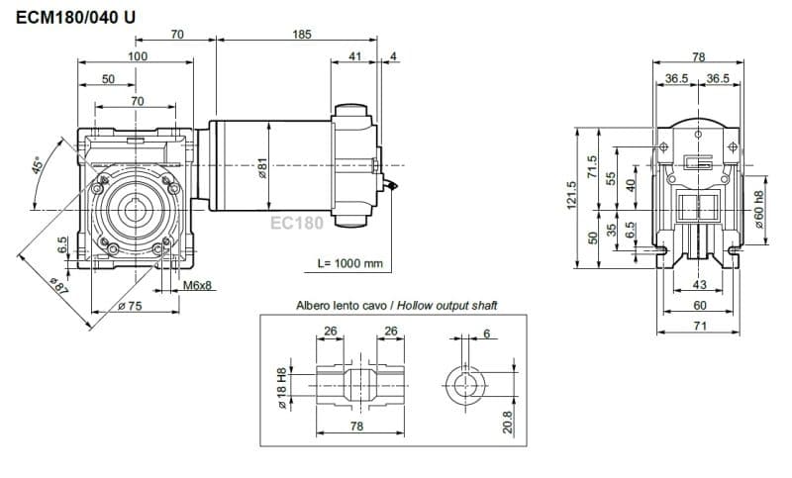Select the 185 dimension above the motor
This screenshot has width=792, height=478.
(x=302, y=35)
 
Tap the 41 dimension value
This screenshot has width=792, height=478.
(x=354, y=57)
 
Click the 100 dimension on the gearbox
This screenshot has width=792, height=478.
(x=137, y=56)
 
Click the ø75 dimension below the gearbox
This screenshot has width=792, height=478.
(x=131, y=306)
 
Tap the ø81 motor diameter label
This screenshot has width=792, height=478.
(x=263, y=167)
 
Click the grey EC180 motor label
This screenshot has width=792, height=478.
(x=297, y=223)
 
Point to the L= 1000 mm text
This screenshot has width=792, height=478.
(x=350, y=263)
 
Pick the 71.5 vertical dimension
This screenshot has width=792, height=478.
(x=593, y=166)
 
